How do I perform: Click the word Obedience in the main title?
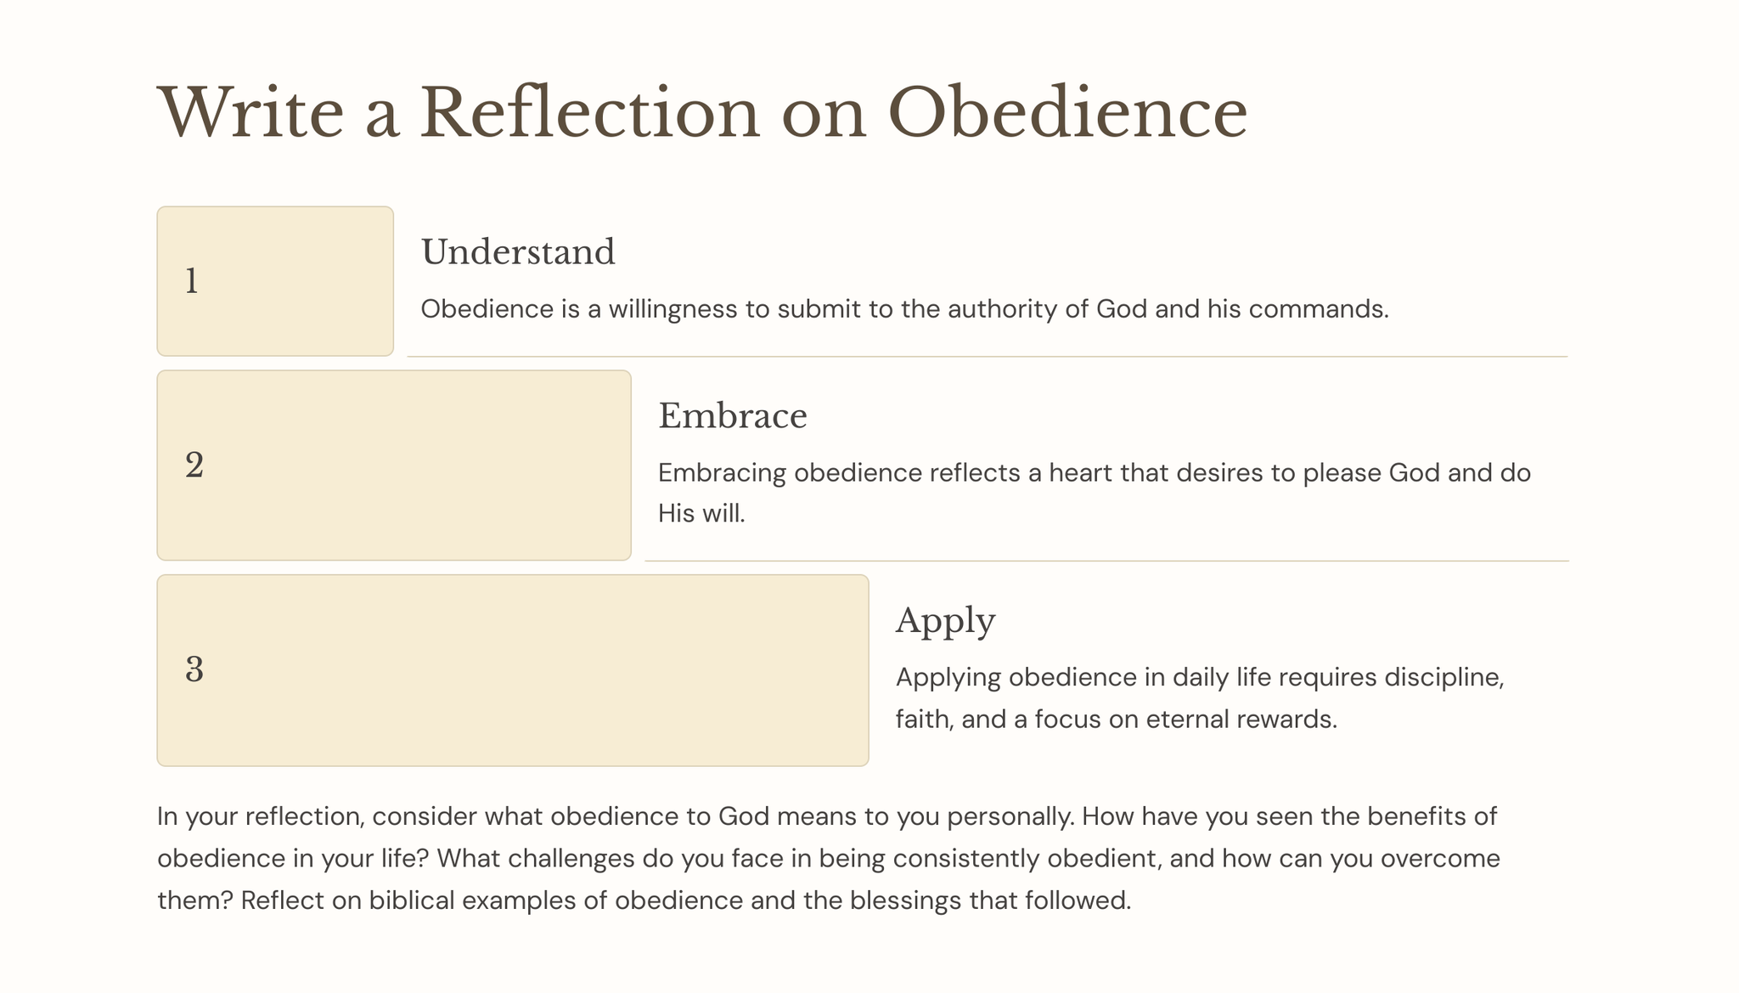point(1067,112)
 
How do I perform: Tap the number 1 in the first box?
point(192,281)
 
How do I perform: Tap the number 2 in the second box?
point(194,465)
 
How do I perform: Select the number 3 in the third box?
point(194,669)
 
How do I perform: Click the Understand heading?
point(518,252)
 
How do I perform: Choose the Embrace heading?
point(733,416)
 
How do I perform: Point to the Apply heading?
point(945,622)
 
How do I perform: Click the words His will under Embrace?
point(701,514)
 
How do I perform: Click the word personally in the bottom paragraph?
point(1011,817)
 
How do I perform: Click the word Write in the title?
point(251,112)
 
